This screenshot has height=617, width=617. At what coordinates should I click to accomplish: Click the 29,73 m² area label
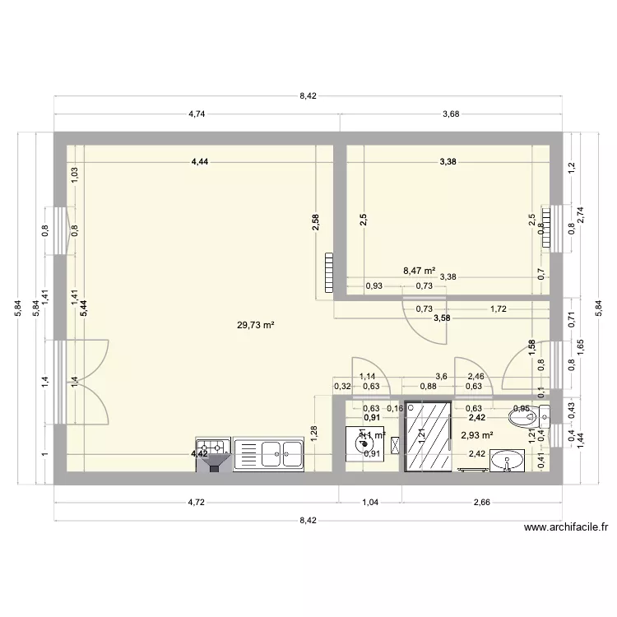click(x=255, y=325)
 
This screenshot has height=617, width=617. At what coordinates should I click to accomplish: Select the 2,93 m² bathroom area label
click(x=476, y=436)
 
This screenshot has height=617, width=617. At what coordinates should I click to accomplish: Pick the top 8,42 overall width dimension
click(x=308, y=96)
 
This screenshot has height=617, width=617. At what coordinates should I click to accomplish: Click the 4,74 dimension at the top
click(x=196, y=114)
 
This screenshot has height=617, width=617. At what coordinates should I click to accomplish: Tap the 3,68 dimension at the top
click(x=450, y=114)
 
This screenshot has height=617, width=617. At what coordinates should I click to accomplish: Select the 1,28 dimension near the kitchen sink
click(x=315, y=429)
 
